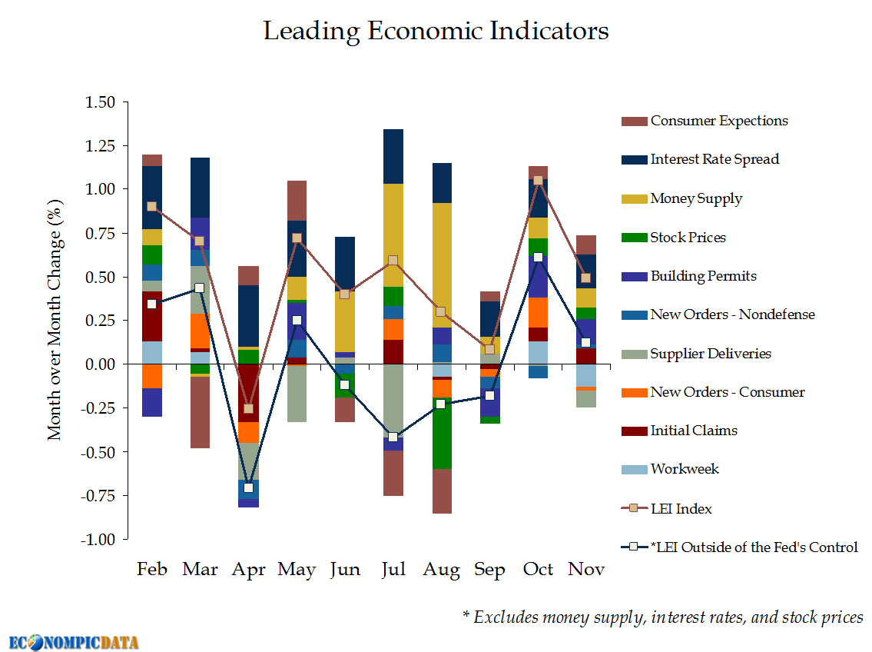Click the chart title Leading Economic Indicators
436,32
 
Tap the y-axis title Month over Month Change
55,319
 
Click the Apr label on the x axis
248,570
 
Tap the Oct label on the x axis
538,570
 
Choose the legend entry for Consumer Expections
718,121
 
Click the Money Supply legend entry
696,198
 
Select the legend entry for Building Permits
703,276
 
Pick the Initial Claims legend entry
694,431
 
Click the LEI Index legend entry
681,508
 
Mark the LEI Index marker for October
538,180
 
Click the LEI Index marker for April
248,408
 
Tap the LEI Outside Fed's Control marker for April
248,487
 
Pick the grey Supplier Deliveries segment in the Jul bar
393,400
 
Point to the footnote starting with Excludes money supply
663,617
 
